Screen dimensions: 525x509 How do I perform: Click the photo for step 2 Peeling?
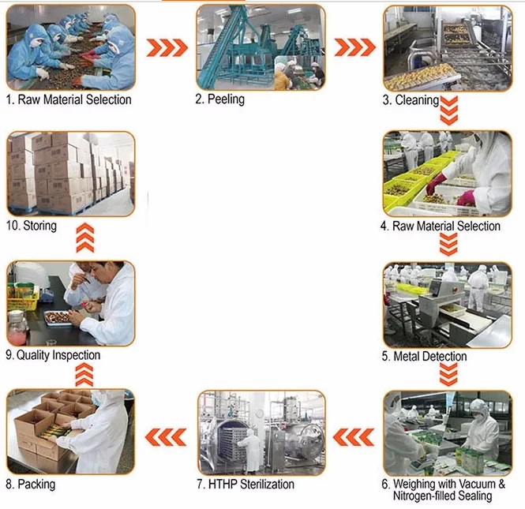coord(261,47)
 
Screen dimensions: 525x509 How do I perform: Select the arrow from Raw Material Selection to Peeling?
coord(167,47)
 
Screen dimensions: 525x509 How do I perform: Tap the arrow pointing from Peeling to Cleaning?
coord(355,47)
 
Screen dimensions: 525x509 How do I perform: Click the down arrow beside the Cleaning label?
coord(448,110)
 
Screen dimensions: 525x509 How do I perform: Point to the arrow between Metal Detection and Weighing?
coord(448,375)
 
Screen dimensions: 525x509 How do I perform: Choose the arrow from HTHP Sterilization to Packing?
coord(166,437)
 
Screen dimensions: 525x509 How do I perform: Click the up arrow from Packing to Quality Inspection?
coord(84,375)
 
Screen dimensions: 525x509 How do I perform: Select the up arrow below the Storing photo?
coord(85,238)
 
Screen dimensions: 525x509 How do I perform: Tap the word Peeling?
coord(226,99)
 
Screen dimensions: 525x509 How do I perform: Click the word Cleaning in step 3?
coord(417,100)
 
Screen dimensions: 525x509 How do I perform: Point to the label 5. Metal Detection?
coord(424,357)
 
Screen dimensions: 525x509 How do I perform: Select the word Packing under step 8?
coord(36,485)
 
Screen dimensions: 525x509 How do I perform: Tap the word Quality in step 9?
coord(33,355)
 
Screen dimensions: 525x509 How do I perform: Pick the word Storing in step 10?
coord(39,226)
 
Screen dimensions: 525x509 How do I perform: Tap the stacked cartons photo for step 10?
coord(71,174)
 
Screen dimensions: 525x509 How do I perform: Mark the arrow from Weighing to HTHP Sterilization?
coord(354,437)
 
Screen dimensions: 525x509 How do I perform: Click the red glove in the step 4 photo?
coord(436,185)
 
